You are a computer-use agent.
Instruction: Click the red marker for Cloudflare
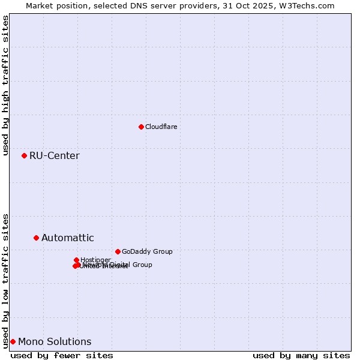point(141,127)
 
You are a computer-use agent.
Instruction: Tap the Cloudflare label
point(161,127)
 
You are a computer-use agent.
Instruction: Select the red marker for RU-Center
point(24,155)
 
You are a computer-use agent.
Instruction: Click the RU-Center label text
point(54,156)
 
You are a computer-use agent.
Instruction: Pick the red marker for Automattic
point(36,238)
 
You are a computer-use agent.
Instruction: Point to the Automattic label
point(67,238)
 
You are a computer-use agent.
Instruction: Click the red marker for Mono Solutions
point(13,341)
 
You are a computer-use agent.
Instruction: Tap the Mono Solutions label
point(55,342)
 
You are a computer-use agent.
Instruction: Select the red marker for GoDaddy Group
point(118,251)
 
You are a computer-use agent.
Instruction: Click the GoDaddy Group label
point(147,251)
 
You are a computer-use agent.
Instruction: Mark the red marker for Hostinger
point(76,260)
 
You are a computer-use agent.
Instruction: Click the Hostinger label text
point(95,260)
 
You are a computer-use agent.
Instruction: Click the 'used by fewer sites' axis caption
point(62,355)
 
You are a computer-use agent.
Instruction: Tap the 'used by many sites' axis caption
point(301,355)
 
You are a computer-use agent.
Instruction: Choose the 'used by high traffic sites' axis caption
point(5,85)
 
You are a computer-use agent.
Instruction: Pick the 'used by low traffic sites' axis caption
point(5,280)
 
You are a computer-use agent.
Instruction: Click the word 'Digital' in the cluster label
point(120,265)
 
